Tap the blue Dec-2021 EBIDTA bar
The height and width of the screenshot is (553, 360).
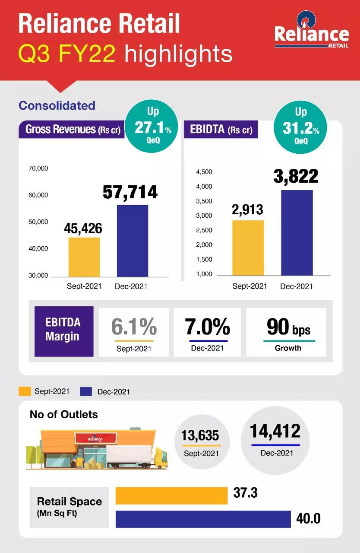pos(297,233)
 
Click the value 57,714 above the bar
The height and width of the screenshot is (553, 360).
pos(130,192)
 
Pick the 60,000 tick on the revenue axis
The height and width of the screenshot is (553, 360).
pos(38,195)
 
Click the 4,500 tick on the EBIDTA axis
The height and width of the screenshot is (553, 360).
pos(204,172)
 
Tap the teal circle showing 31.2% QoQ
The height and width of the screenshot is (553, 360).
pos(300,126)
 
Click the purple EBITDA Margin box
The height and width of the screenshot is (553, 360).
pos(64,331)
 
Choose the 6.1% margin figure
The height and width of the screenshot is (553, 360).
pos(134,327)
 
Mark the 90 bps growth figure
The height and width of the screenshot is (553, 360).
pos(288,327)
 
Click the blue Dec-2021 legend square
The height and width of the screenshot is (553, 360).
pos(86,392)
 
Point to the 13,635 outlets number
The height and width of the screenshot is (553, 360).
pos(201,436)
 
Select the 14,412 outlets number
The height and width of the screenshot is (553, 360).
pos(275,431)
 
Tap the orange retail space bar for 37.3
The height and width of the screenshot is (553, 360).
pos(171,496)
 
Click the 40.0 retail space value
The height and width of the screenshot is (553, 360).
pos(308,518)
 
